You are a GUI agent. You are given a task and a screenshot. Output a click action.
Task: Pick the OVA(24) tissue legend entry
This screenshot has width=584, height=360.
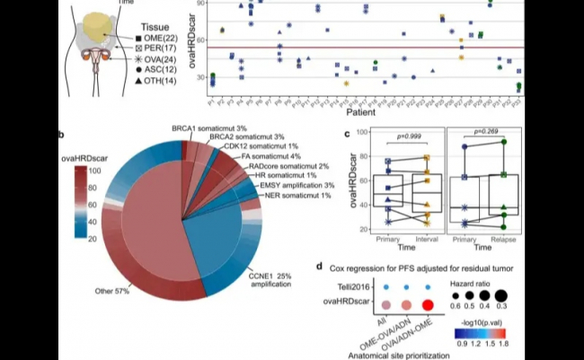pyautogui.click(x=162, y=67)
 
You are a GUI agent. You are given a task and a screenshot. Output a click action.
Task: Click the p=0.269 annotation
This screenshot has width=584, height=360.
pyautogui.click(x=487, y=131)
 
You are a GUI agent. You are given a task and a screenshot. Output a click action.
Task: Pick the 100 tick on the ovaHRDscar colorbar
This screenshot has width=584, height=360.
pyautogui.click(x=93, y=169)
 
